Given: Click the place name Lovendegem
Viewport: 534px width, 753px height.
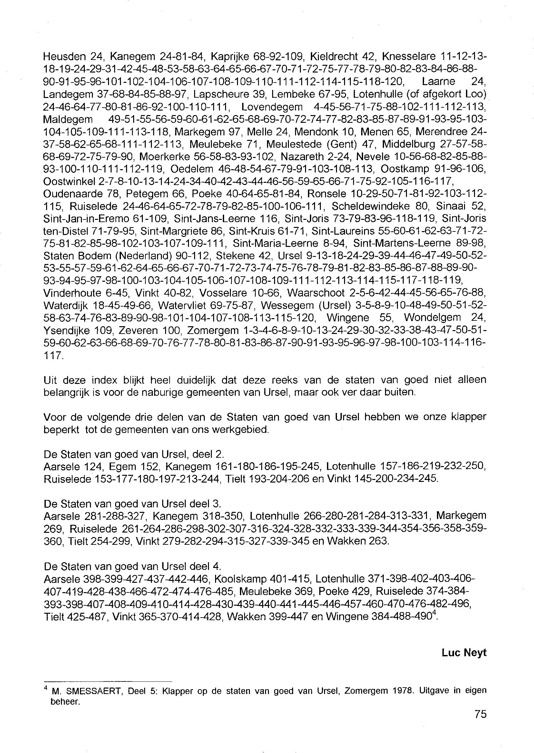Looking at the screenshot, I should coord(272,107).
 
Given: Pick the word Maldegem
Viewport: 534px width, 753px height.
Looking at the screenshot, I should coord(68,119).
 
